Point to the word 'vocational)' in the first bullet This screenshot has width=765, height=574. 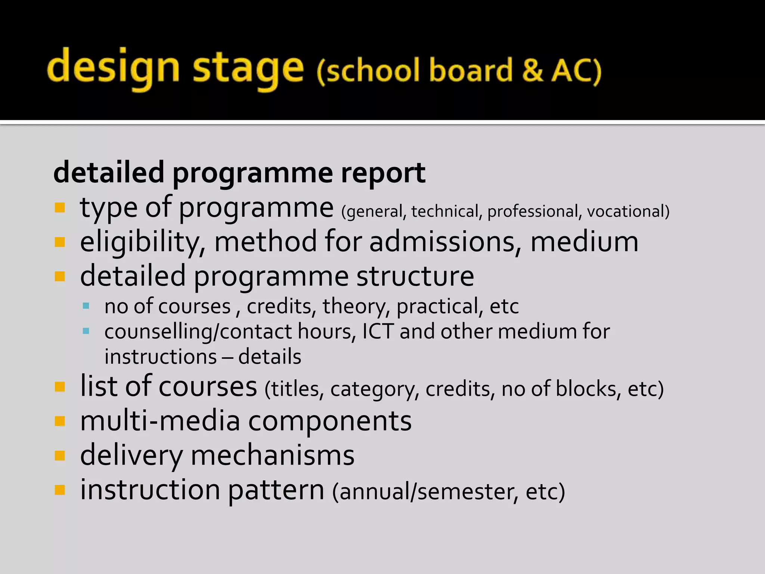click(x=628, y=212)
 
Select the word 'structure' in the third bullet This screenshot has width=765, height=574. click(x=415, y=276)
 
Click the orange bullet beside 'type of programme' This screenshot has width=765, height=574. click(x=60, y=207)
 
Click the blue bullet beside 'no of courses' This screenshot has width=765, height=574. click(x=86, y=306)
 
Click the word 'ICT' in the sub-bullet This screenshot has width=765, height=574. click(x=378, y=331)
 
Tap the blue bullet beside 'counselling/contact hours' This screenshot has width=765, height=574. click(x=86, y=331)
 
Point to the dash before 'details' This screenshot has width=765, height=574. click(x=227, y=357)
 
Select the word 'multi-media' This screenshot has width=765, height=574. click(x=160, y=421)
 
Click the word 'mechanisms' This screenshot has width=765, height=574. click(x=272, y=456)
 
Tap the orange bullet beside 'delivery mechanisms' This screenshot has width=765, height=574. click(x=60, y=456)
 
